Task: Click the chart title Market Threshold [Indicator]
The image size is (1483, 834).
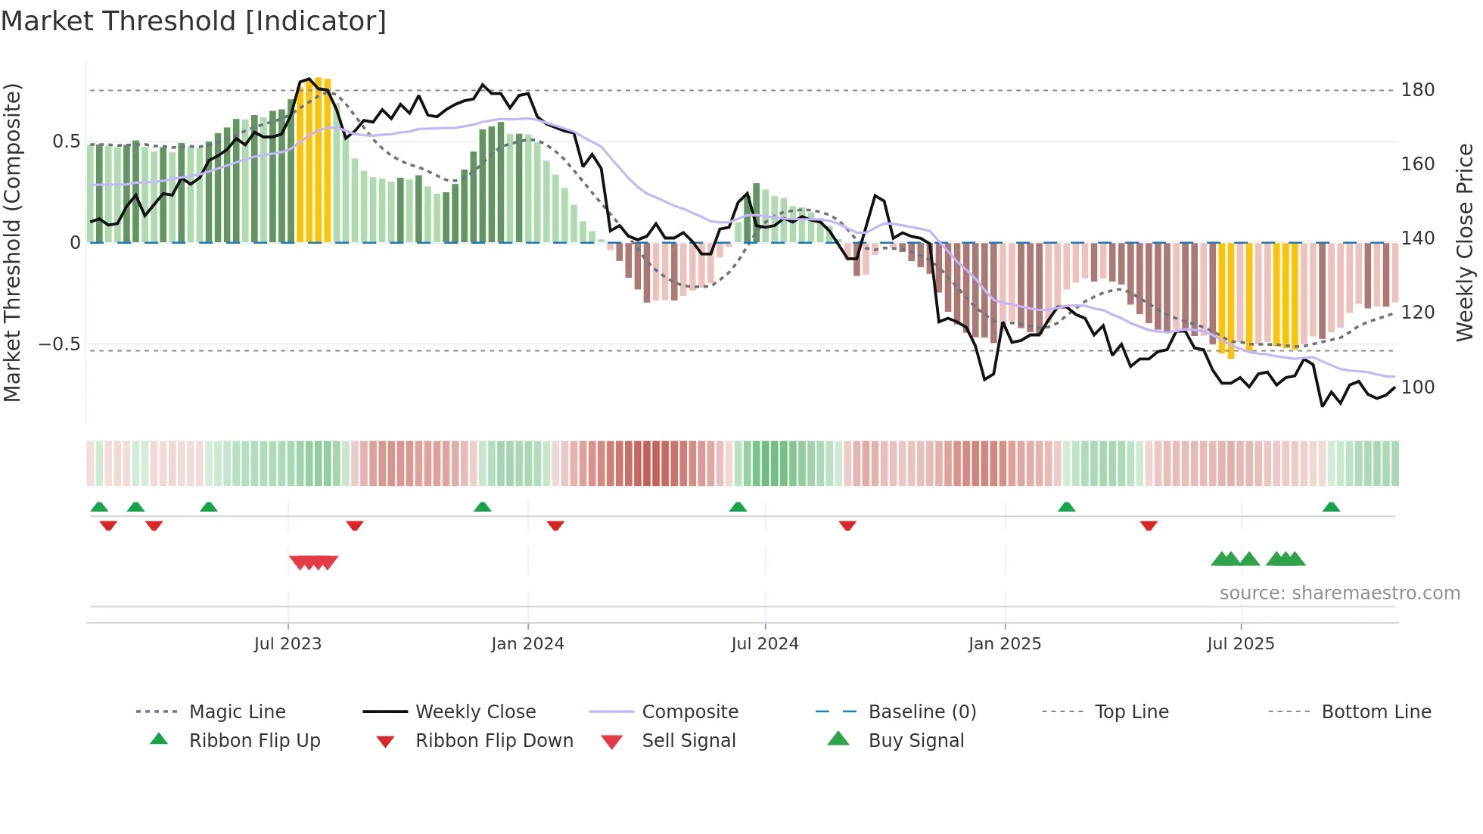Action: click(x=194, y=21)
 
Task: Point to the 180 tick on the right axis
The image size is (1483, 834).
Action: click(x=1417, y=90)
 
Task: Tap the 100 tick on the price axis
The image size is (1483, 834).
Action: click(x=1417, y=387)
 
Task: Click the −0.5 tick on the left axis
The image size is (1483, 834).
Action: click(x=59, y=344)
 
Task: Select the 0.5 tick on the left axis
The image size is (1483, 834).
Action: click(x=66, y=142)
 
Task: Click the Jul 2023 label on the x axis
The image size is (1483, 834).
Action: click(x=288, y=644)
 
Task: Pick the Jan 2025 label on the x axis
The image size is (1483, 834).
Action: click(x=1004, y=644)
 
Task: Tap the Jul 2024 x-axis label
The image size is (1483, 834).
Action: click(x=764, y=644)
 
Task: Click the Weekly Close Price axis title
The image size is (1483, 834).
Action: click(x=1465, y=242)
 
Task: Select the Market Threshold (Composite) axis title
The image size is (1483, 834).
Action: click(x=12, y=242)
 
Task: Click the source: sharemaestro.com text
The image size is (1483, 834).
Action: click(x=1339, y=593)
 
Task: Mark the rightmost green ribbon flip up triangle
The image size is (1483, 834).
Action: click(x=1331, y=507)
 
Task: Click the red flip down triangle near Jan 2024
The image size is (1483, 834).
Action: click(x=555, y=525)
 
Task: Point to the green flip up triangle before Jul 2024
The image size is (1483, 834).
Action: click(x=738, y=507)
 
